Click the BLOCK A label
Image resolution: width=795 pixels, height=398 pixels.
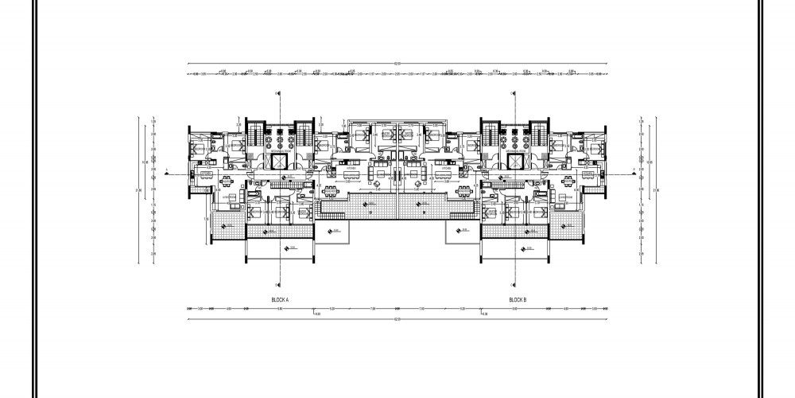point(280,299)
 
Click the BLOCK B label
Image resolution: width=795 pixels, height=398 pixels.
point(518,299)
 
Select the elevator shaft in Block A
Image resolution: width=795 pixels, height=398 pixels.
point(280,161)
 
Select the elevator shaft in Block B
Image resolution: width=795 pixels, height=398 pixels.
point(518,161)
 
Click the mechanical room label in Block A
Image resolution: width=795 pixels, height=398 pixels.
point(280,149)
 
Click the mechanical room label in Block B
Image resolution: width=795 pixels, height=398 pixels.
point(518,149)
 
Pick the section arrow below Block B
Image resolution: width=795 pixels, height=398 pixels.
point(514,285)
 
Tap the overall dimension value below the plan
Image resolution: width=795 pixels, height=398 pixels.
point(397,319)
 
